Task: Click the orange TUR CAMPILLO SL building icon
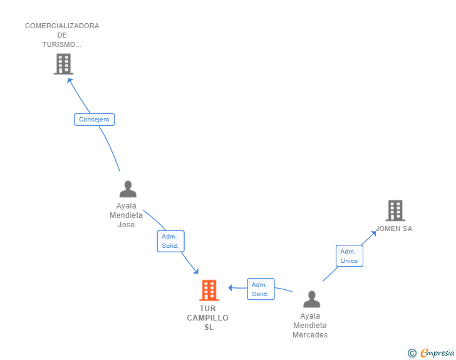pyautogui.click(x=209, y=291)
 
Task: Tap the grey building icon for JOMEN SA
pyautogui.click(x=395, y=210)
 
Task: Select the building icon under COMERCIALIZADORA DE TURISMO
pyautogui.click(x=63, y=64)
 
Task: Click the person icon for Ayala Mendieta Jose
pyautogui.click(x=128, y=189)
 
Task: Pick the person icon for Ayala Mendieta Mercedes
pyautogui.click(x=311, y=299)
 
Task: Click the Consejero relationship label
pyautogui.click(x=94, y=120)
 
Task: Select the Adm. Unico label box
pyautogui.click(x=350, y=256)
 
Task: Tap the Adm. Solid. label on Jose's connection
pyautogui.click(x=170, y=241)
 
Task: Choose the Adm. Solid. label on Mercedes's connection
pyautogui.click(x=261, y=289)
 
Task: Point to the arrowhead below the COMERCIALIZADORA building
pyautogui.click(x=70, y=81)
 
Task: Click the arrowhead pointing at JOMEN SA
pyautogui.click(x=373, y=234)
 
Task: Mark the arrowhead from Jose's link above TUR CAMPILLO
pyautogui.click(x=196, y=271)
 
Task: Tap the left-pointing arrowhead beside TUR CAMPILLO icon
pyautogui.click(x=231, y=288)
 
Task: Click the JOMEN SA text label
pyautogui.click(x=394, y=229)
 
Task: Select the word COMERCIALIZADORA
pyautogui.click(x=62, y=26)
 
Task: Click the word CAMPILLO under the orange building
pyautogui.click(x=208, y=318)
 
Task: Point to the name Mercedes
pyautogui.click(x=310, y=335)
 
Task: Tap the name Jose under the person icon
pyautogui.click(x=127, y=225)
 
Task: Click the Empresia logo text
pyautogui.click(x=437, y=352)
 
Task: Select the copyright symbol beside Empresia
pyautogui.click(x=412, y=353)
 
